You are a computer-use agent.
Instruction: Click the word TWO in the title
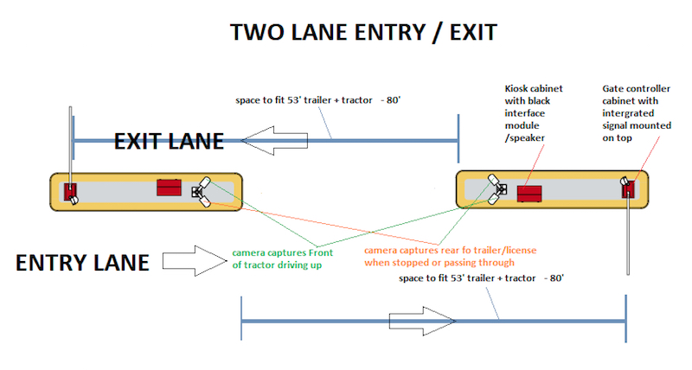255,32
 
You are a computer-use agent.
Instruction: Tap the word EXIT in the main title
473,32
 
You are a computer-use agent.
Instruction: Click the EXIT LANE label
169,142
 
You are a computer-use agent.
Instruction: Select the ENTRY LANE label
82,263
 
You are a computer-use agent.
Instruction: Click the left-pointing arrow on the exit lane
274,141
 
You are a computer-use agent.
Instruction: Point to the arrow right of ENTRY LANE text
195,261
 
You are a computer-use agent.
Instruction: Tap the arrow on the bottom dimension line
422,321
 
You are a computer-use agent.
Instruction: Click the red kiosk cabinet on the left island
169,188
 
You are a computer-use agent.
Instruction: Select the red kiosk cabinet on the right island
529,194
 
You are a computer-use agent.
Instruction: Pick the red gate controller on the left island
70,192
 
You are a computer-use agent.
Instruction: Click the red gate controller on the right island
629,188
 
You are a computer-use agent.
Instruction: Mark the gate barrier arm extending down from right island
629,236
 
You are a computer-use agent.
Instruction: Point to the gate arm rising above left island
70,145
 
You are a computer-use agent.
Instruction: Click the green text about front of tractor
283,258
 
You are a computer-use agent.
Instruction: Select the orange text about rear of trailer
450,256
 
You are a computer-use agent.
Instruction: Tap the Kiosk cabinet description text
534,113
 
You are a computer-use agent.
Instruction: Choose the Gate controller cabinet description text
637,113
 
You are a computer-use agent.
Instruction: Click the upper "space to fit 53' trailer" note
317,100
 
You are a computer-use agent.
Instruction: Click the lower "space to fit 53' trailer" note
481,278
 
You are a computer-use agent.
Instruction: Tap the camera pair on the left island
202,192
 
